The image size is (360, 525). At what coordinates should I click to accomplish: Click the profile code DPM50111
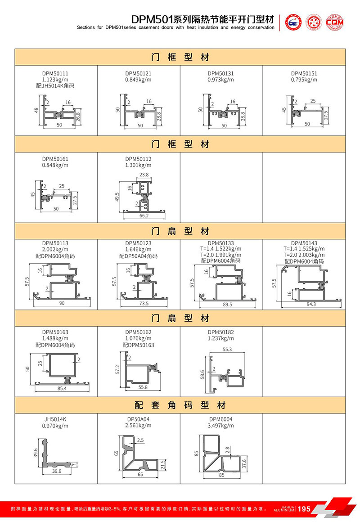pos(56,73)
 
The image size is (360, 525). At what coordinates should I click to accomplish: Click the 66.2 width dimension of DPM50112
pos(144,216)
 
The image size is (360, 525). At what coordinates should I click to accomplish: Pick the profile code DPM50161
pos(56,159)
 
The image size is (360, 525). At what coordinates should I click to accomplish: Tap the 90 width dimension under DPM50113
pos(62,303)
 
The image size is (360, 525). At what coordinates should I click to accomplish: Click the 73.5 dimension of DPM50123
pos(144,303)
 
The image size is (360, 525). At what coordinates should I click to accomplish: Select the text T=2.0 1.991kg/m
pos(221,255)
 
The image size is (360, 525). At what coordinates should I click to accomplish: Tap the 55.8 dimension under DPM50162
pos(143,386)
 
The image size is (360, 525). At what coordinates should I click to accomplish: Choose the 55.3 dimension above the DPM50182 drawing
pos(227,349)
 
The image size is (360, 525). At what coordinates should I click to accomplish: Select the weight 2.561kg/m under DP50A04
pos(139,425)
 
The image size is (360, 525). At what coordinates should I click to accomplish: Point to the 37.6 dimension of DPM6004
pos(244,463)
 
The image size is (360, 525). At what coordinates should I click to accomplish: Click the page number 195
pos(304,509)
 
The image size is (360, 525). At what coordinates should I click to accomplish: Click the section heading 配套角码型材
pos(180,405)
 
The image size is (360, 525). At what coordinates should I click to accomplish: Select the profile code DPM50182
pos(221,332)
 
